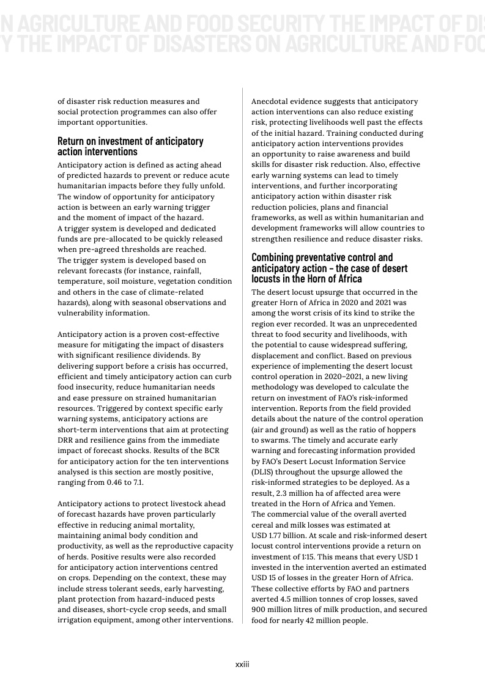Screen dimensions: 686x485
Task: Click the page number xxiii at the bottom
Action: pos(242,665)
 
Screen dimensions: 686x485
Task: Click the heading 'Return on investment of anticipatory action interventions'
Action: pos(130,146)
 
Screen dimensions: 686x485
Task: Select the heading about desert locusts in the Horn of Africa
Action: pos(330,268)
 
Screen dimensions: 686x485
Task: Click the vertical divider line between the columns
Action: pos(243,355)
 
